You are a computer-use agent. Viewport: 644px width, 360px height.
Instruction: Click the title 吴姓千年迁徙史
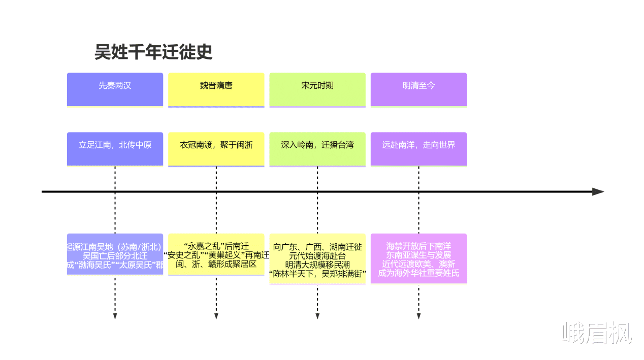point(153,52)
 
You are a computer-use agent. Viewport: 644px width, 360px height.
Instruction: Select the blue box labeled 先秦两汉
point(115,89)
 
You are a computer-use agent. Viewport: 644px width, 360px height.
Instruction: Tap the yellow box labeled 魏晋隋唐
point(216,89)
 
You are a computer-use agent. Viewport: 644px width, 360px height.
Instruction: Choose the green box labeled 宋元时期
point(317,89)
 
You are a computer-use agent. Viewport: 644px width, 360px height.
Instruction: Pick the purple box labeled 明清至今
point(418,89)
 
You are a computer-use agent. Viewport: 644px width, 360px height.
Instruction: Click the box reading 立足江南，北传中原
point(115,149)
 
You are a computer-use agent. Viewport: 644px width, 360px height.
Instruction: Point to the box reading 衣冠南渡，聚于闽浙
point(216,149)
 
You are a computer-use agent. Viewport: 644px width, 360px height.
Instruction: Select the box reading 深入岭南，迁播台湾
point(317,149)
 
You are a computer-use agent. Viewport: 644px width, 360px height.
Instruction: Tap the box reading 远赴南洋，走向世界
point(418,149)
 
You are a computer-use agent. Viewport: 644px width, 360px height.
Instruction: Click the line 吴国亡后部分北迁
point(115,256)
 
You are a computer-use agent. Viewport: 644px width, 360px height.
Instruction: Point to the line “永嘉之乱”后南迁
point(216,246)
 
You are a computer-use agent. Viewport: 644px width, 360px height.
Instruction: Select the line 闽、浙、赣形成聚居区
point(216,264)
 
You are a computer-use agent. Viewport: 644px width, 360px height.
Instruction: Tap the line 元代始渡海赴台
point(317,256)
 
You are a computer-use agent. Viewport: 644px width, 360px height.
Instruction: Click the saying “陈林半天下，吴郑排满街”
point(317,274)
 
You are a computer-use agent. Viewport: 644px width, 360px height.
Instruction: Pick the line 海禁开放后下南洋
point(418,246)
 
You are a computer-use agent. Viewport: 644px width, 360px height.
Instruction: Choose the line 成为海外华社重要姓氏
point(418,273)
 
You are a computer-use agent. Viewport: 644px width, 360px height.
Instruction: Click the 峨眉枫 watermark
point(597,333)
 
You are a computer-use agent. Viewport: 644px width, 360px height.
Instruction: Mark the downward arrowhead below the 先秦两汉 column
point(115,316)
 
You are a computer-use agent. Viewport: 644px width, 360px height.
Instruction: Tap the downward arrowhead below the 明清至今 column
point(418,316)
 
